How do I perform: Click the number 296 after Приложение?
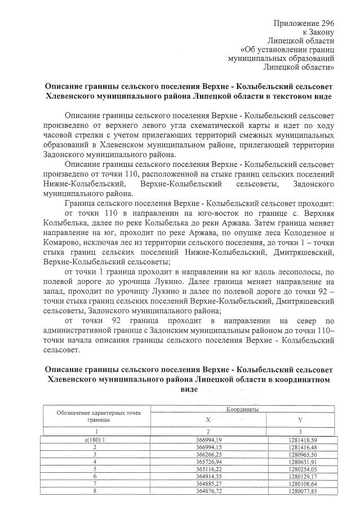coord(328,23)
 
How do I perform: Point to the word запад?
coord(54,292)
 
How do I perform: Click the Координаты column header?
coord(242,410)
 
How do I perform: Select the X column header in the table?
coord(207,420)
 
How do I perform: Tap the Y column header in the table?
coord(300,420)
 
